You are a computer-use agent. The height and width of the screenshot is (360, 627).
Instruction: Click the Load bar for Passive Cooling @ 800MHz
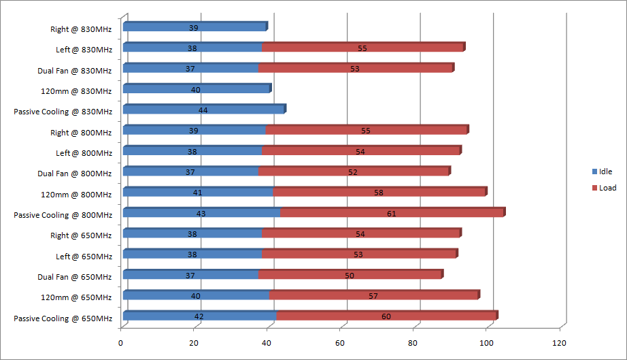pos(392,214)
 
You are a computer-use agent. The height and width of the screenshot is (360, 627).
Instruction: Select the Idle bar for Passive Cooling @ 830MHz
pos(203,110)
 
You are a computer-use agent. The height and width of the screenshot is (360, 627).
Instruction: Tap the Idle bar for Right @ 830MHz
pos(194,28)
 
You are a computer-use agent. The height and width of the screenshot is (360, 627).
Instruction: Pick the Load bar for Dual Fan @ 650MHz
pos(350,276)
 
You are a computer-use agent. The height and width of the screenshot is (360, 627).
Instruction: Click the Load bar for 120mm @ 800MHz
pos(379,193)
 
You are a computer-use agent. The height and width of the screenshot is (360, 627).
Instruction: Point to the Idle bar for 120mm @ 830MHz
pos(196,90)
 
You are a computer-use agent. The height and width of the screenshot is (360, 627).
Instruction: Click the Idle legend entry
pos(603,171)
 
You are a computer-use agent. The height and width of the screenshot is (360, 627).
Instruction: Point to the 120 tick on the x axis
pos(560,343)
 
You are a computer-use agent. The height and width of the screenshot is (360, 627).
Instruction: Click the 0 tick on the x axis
pos(121,343)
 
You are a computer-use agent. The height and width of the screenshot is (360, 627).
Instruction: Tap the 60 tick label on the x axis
pos(340,343)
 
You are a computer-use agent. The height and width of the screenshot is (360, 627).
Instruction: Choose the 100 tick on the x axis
pos(486,343)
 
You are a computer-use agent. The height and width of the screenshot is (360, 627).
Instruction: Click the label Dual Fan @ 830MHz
pos(75,71)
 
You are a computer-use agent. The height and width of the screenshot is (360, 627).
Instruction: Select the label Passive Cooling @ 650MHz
pos(63,318)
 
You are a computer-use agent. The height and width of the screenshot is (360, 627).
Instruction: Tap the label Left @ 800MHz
pos(84,153)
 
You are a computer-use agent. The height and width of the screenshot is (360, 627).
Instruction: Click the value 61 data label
pos(391,214)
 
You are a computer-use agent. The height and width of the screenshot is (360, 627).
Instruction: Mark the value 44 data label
pos(203,110)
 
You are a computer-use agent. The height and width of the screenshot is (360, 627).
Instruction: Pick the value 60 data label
pos(386,316)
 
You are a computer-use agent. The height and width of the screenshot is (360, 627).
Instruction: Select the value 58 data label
pos(379,193)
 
